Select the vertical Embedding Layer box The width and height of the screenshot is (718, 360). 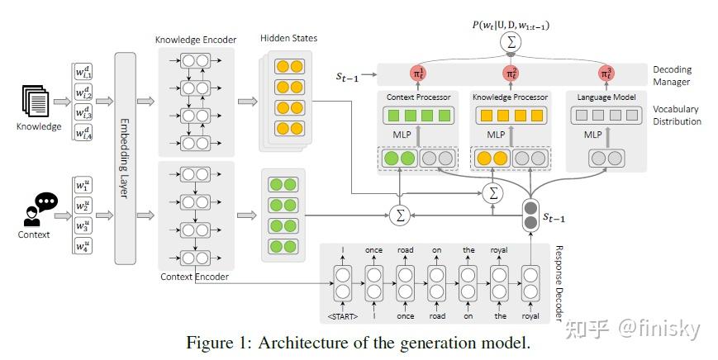pyautogui.click(x=125, y=157)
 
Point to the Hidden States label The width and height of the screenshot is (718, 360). pyautogui.click(x=288, y=39)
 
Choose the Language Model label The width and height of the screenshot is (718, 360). pyautogui.click(x=607, y=97)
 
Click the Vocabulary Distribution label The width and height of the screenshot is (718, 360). pyautogui.click(x=676, y=115)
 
